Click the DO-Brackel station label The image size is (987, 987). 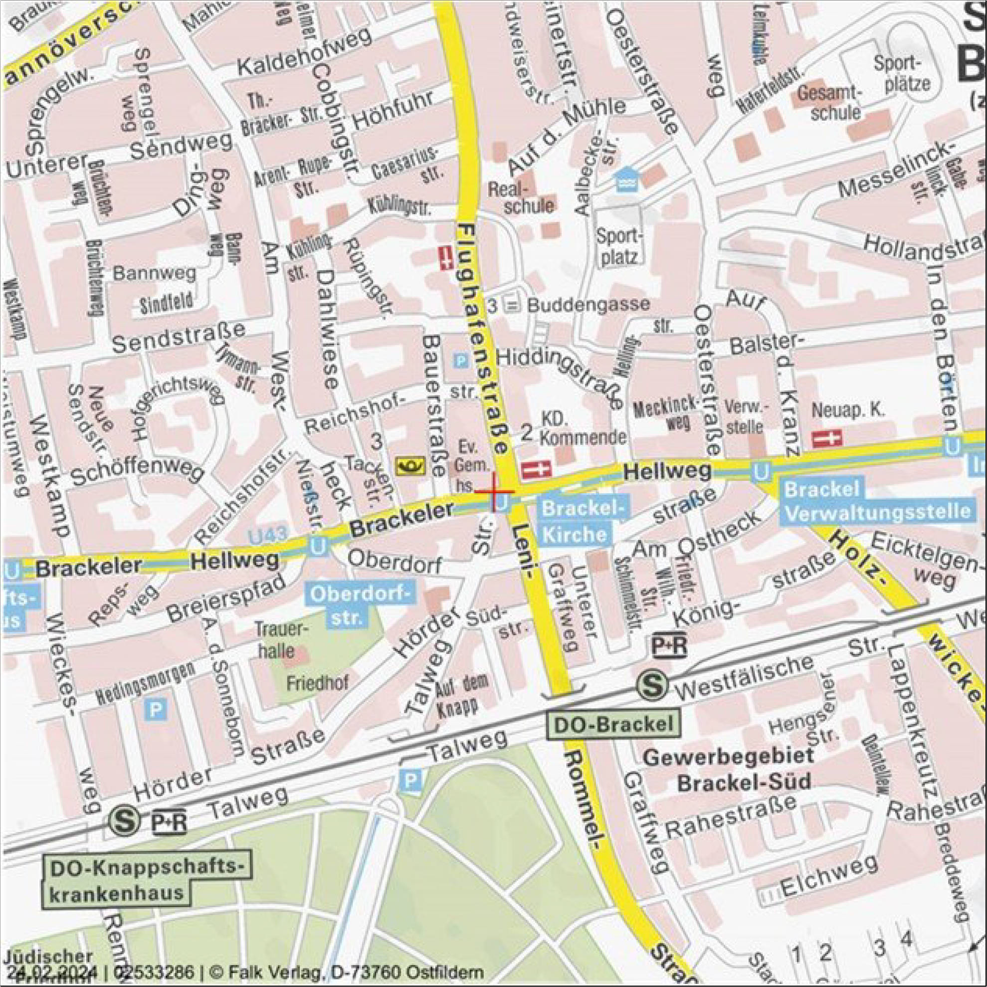point(613,724)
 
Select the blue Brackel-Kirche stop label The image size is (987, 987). point(583,521)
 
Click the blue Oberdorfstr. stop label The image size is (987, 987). point(360,606)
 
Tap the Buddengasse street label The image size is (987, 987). point(588,306)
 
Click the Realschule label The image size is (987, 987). point(521,197)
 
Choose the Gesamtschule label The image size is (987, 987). point(836,102)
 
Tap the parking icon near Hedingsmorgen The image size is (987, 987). point(155,710)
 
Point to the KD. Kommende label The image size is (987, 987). point(583,428)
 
